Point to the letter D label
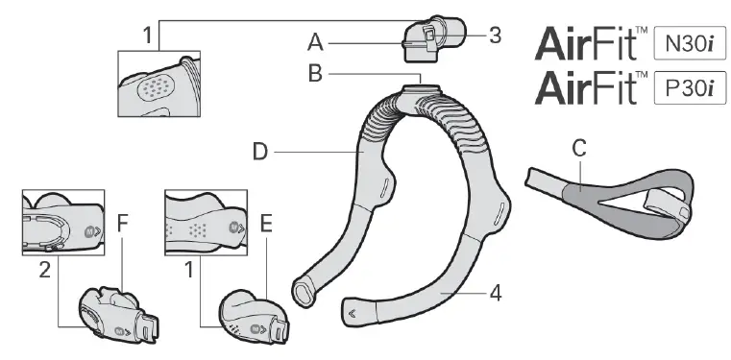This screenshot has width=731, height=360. tap(259, 150)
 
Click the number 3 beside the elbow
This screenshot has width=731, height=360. tap(494, 36)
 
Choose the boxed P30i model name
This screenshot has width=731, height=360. tap(689, 89)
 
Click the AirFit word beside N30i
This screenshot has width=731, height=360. tap(588, 44)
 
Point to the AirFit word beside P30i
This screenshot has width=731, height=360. tap(588, 90)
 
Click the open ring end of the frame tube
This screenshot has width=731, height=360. tap(305, 286)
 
